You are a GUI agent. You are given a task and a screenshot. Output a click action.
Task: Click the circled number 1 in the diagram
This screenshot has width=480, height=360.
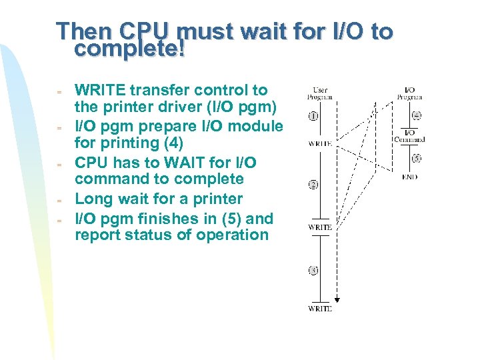[x=313, y=116]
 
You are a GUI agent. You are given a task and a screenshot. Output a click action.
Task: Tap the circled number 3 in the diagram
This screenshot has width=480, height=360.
[x=313, y=271]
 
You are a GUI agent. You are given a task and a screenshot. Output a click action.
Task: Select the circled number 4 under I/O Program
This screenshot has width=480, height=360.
[x=416, y=115]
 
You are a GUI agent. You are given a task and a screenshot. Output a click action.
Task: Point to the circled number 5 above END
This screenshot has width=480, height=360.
[x=416, y=159]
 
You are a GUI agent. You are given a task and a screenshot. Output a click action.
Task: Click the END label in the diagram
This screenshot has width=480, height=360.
[x=409, y=177]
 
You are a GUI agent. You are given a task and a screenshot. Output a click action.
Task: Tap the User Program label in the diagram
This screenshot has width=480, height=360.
[x=319, y=93]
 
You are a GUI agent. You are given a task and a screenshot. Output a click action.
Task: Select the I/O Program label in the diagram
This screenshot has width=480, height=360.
[x=409, y=93]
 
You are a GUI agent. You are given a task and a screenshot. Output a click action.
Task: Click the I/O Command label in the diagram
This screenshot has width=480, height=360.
[x=409, y=135]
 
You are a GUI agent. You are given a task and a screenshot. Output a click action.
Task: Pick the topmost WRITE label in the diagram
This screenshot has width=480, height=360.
[x=319, y=143]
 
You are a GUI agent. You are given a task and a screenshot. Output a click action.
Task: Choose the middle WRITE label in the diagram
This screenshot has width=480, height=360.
[x=319, y=227]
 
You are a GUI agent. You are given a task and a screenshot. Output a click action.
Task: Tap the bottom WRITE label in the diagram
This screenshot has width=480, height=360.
[x=319, y=309]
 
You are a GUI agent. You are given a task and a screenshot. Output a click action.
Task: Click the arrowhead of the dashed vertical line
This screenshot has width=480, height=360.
[x=337, y=299]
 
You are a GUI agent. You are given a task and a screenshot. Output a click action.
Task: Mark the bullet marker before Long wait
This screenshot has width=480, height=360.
[x=59, y=199]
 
